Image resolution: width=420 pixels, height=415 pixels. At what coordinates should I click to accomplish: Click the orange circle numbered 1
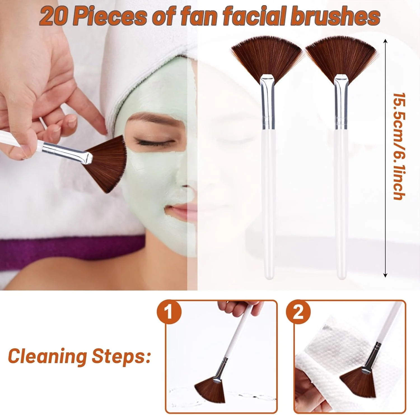point(169,312)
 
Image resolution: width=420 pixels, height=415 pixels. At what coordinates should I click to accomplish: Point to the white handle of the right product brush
point(341,203)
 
